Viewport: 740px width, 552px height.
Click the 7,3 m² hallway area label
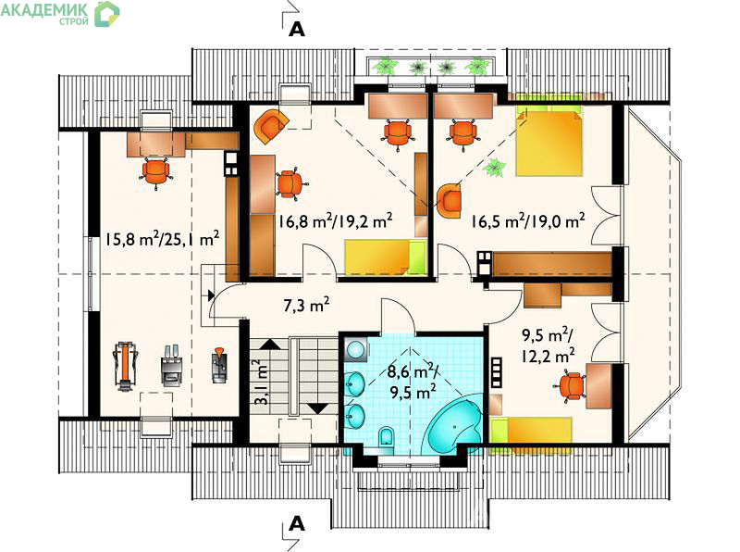point(306,305)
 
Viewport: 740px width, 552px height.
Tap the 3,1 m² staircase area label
point(261,382)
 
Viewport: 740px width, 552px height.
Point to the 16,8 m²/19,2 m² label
point(335,221)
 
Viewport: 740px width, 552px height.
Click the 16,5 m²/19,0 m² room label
point(527,220)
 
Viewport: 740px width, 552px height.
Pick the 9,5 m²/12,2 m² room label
point(548,345)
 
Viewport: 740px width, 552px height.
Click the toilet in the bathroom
point(386,435)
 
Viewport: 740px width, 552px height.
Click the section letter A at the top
point(296,30)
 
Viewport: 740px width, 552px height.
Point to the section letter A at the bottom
point(296,523)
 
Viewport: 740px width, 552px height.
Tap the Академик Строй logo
point(60,13)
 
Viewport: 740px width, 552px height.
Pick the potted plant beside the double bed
point(495,168)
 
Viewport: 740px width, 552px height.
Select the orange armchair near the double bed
point(449,201)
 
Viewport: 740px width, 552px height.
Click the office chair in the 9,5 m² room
point(570,386)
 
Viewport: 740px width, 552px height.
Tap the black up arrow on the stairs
point(269,344)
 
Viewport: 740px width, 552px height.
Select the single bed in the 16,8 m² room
point(386,257)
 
